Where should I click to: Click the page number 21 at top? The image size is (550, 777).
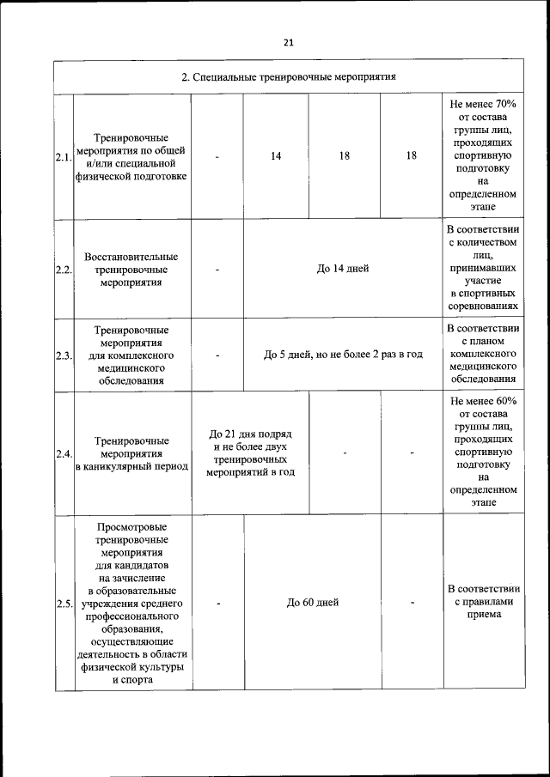click(288, 43)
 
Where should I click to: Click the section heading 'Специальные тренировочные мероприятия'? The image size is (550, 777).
click(288, 76)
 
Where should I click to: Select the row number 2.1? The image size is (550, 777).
click(63, 157)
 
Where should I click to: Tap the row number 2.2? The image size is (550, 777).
click(63, 269)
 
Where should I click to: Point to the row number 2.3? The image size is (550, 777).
click(63, 355)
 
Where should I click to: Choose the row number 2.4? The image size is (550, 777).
click(63, 453)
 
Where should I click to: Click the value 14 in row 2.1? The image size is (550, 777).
click(276, 156)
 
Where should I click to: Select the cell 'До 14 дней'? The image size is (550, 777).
click(343, 269)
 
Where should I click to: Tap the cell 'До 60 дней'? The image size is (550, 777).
click(313, 603)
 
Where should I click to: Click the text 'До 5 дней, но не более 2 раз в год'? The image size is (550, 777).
click(343, 355)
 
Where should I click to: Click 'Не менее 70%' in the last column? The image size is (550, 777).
click(482, 105)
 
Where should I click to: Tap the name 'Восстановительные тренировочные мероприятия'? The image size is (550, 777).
click(131, 269)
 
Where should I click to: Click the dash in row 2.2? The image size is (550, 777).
click(217, 269)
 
